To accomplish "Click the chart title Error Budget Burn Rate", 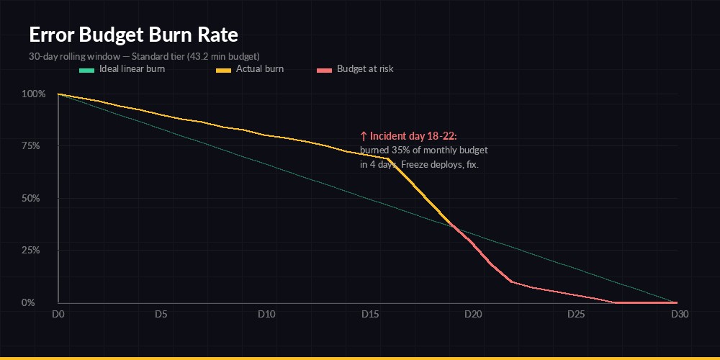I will (133, 35).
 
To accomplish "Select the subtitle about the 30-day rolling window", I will (144, 55).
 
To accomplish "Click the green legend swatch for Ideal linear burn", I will (86, 70).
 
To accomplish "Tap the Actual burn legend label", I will (260, 69).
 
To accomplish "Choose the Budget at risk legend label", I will (365, 69).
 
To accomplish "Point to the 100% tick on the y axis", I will (34, 94).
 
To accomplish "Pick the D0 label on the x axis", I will (58, 315).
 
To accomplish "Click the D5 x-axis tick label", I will (161, 315).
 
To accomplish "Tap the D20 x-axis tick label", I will (473, 315).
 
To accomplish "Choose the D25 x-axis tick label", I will (576, 315).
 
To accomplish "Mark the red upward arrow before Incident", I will (364, 135).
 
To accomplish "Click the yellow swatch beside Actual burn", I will (223, 70).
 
